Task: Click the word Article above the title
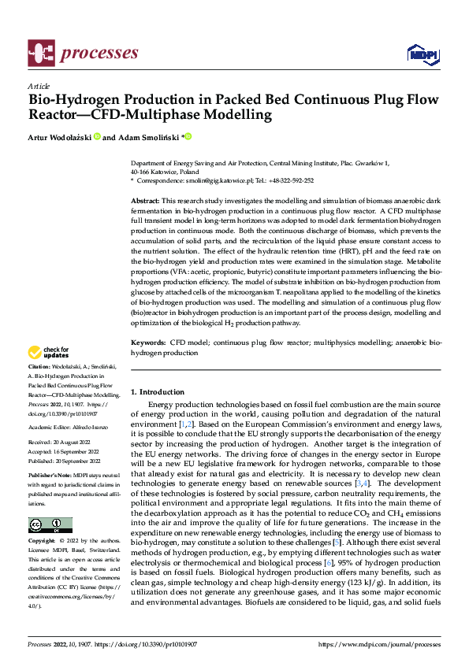[x=38, y=85]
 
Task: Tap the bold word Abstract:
[x=144, y=202]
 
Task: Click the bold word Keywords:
[x=147, y=343]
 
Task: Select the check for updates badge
[x=50, y=353]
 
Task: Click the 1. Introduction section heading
[x=158, y=391]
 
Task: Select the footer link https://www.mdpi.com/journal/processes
[x=380, y=644]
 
